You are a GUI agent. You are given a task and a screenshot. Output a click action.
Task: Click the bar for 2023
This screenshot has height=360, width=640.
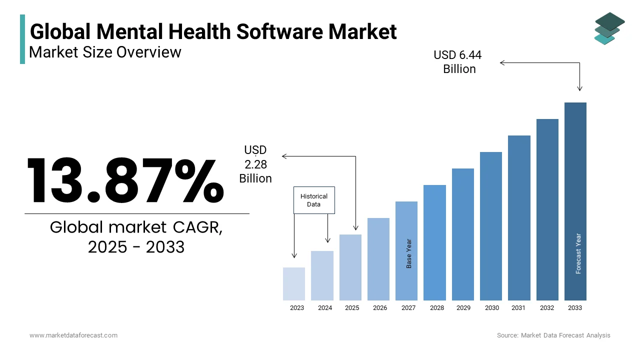[x=294, y=284]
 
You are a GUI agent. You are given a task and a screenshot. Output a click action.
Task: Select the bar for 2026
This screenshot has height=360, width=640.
[x=378, y=259]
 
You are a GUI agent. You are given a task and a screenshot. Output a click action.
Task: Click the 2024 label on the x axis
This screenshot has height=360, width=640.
[x=325, y=308]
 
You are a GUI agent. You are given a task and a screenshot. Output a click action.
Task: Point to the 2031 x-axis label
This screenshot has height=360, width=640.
[x=518, y=308]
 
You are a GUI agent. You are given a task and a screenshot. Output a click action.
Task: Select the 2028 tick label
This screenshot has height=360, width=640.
[x=437, y=308]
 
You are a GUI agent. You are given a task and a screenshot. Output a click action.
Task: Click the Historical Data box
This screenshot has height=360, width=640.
[x=314, y=200]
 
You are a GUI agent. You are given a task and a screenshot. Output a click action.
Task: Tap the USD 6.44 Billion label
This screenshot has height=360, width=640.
[x=458, y=62]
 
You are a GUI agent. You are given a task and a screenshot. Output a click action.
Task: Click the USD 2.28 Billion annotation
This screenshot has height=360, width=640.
[x=255, y=164]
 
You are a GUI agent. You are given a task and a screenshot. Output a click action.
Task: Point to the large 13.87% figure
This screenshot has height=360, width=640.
[x=125, y=180]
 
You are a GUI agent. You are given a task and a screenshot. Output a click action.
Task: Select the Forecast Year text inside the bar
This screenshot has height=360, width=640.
[x=578, y=253]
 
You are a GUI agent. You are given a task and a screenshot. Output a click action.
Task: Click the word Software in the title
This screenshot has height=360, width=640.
[x=280, y=31]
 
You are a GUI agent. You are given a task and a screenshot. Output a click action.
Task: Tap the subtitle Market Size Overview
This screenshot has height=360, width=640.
[x=105, y=51]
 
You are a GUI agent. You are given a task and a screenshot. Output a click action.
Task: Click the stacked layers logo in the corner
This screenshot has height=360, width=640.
[x=609, y=28]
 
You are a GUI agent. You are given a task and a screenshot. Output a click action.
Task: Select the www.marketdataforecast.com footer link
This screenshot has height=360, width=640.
[x=73, y=335]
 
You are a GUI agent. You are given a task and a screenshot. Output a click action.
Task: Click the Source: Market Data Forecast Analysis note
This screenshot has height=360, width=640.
[x=553, y=335]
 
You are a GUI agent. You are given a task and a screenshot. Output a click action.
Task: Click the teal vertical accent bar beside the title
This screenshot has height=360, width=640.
[x=22, y=39]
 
